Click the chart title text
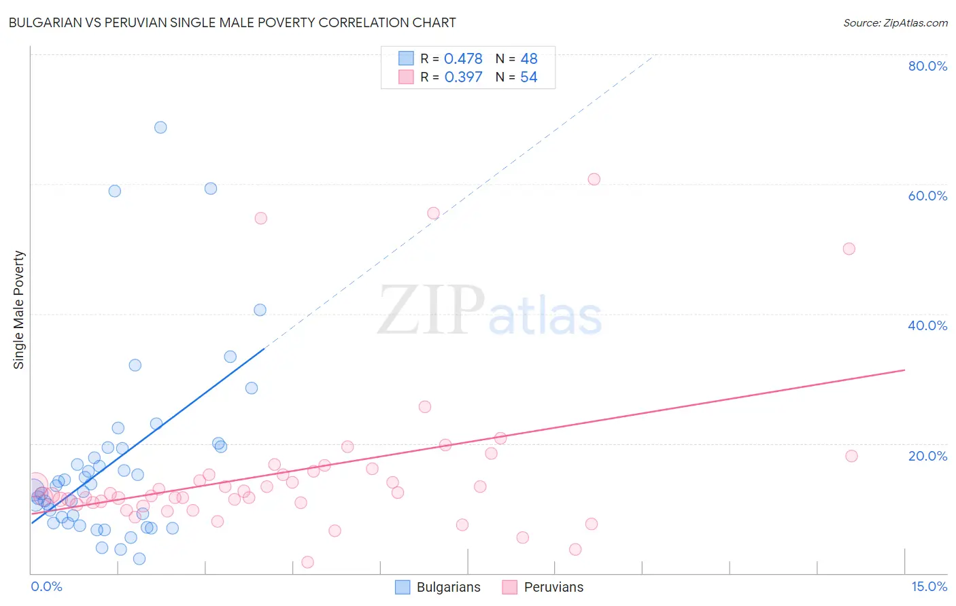coord(232,22)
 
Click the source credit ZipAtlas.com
coord(895,22)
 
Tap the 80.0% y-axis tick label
coord(927,66)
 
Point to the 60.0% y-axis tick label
coord(927,196)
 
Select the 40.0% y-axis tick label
coord(927,325)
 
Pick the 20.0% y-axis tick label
coord(927,455)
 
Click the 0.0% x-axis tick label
coord(46,586)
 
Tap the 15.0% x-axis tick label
coord(929,586)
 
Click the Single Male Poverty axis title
coord(19,310)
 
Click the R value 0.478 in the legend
coord(463,58)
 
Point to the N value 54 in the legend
coord(528,77)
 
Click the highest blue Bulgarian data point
coord(160,127)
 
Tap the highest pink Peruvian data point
coord(594,179)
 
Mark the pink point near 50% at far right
coord(849,249)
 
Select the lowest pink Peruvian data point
coord(307,562)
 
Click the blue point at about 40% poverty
coord(260,310)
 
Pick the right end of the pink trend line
coord(904,370)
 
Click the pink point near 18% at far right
coord(851,456)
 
